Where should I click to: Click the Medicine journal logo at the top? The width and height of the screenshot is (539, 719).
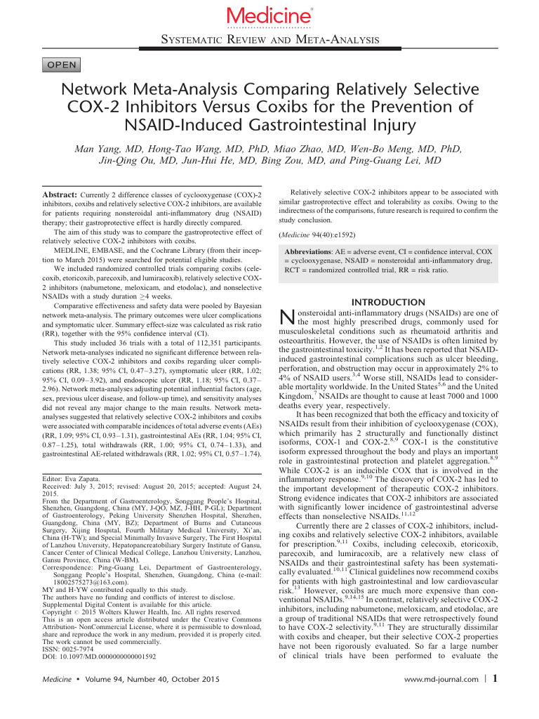tap(269, 15)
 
